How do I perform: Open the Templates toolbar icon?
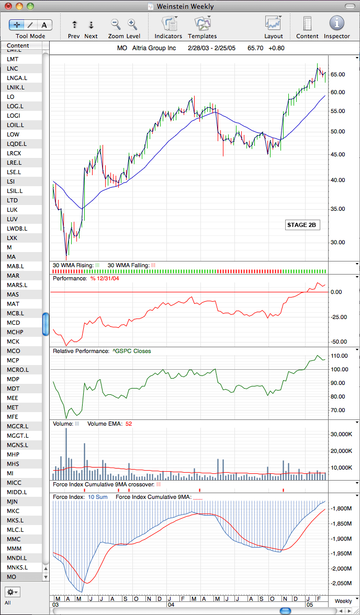pos(203,24)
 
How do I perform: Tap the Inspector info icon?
pos(337,23)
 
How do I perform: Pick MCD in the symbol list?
pos(14,323)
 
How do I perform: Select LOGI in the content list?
pos(14,116)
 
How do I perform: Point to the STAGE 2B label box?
pos(301,225)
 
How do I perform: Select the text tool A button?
pos(44,25)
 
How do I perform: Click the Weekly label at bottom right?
pos(343,601)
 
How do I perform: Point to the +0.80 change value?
pos(276,49)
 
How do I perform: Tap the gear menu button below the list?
pos(12,591)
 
